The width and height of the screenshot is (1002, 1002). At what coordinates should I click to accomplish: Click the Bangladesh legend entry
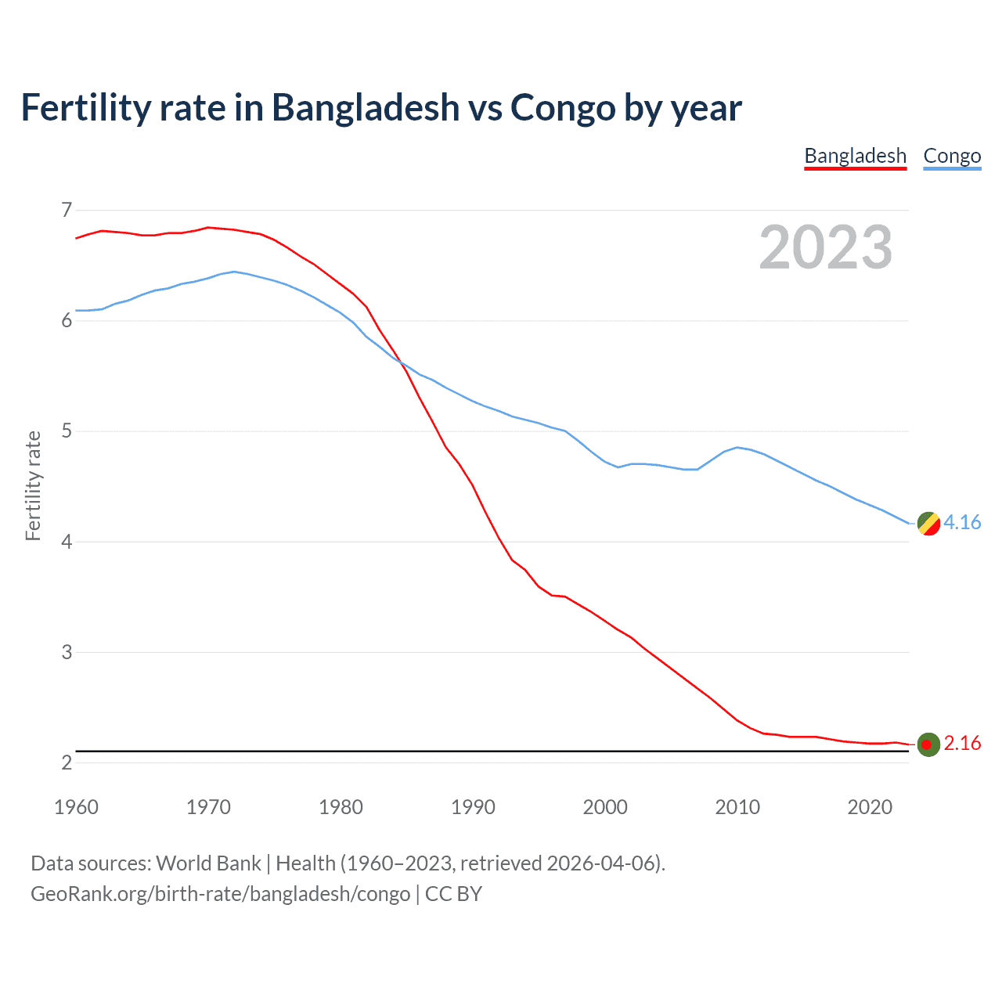click(x=855, y=156)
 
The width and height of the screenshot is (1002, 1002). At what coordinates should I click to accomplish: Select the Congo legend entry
click(x=952, y=156)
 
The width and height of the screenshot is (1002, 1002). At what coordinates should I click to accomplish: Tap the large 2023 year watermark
click(x=825, y=247)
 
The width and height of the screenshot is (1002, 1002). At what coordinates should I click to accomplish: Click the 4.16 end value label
click(x=962, y=522)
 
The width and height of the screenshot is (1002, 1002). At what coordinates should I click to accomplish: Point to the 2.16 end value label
click(x=962, y=743)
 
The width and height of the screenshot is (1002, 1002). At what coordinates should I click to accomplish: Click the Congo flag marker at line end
click(x=928, y=523)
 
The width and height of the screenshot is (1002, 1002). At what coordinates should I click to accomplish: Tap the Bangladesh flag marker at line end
click(x=928, y=744)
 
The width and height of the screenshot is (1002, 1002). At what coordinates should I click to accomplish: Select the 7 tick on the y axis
click(x=67, y=210)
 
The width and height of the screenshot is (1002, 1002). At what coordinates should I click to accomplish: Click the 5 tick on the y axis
click(x=67, y=431)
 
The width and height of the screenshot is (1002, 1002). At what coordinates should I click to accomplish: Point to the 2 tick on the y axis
click(x=67, y=762)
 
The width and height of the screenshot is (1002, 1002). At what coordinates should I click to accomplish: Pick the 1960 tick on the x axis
click(x=76, y=807)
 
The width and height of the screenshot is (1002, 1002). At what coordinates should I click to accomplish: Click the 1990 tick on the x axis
click(x=473, y=807)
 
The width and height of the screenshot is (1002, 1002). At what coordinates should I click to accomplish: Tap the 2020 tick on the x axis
click(x=870, y=807)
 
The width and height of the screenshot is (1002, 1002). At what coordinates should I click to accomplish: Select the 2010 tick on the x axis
click(x=737, y=807)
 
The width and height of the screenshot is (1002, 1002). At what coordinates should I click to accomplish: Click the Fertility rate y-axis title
click(x=33, y=485)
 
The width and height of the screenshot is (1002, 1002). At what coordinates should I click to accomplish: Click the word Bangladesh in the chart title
click(x=366, y=107)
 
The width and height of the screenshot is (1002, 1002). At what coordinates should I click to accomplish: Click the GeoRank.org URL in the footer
click(x=220, y=893)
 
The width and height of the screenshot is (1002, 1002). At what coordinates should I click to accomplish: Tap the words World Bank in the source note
click(x=208, y=863)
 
